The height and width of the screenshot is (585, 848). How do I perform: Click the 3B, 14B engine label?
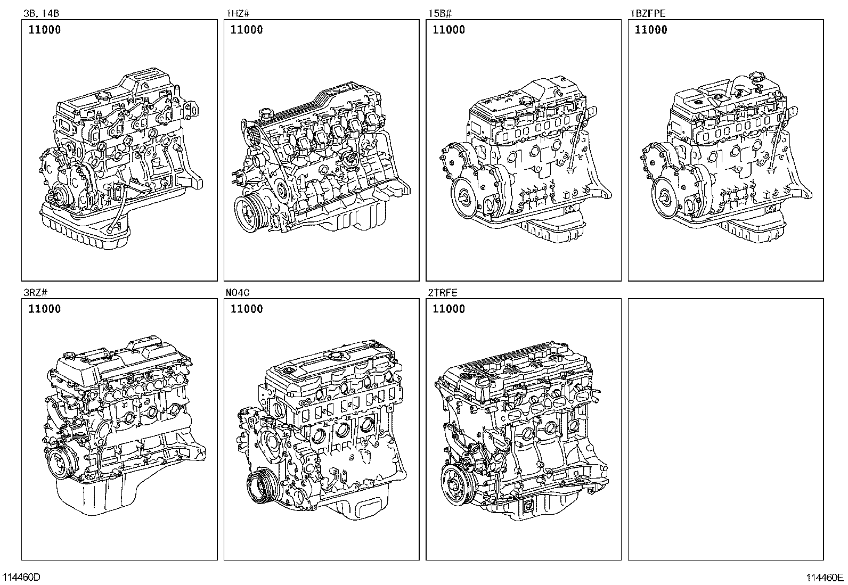click(41, 14)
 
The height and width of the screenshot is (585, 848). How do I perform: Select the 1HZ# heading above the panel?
click(238, 14)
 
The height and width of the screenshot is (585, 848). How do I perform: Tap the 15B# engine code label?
click(440, 14)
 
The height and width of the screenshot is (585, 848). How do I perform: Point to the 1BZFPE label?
click(647, 14)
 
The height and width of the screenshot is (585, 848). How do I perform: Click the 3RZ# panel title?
click(35, 293)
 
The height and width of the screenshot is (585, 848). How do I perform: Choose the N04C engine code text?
click(238, 293)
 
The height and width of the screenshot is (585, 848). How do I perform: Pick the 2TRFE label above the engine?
click(443, 293)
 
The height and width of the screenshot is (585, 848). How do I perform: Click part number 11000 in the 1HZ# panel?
click(247, 29)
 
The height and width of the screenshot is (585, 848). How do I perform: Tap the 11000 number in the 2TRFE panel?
click(449, 309)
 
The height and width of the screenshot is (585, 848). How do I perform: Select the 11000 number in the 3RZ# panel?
click(45, 309)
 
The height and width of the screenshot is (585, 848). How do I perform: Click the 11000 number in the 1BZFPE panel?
click(651, 29)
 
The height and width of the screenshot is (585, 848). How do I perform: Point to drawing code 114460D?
click(21, 577)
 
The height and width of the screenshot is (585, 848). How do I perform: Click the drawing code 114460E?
click(825, 578)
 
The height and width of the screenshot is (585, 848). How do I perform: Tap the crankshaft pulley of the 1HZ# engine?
click(249, 213)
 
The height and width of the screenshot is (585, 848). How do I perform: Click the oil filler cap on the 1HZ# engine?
click(265, 113)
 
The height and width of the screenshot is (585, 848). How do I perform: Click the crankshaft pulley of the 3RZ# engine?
click(61, 463)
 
